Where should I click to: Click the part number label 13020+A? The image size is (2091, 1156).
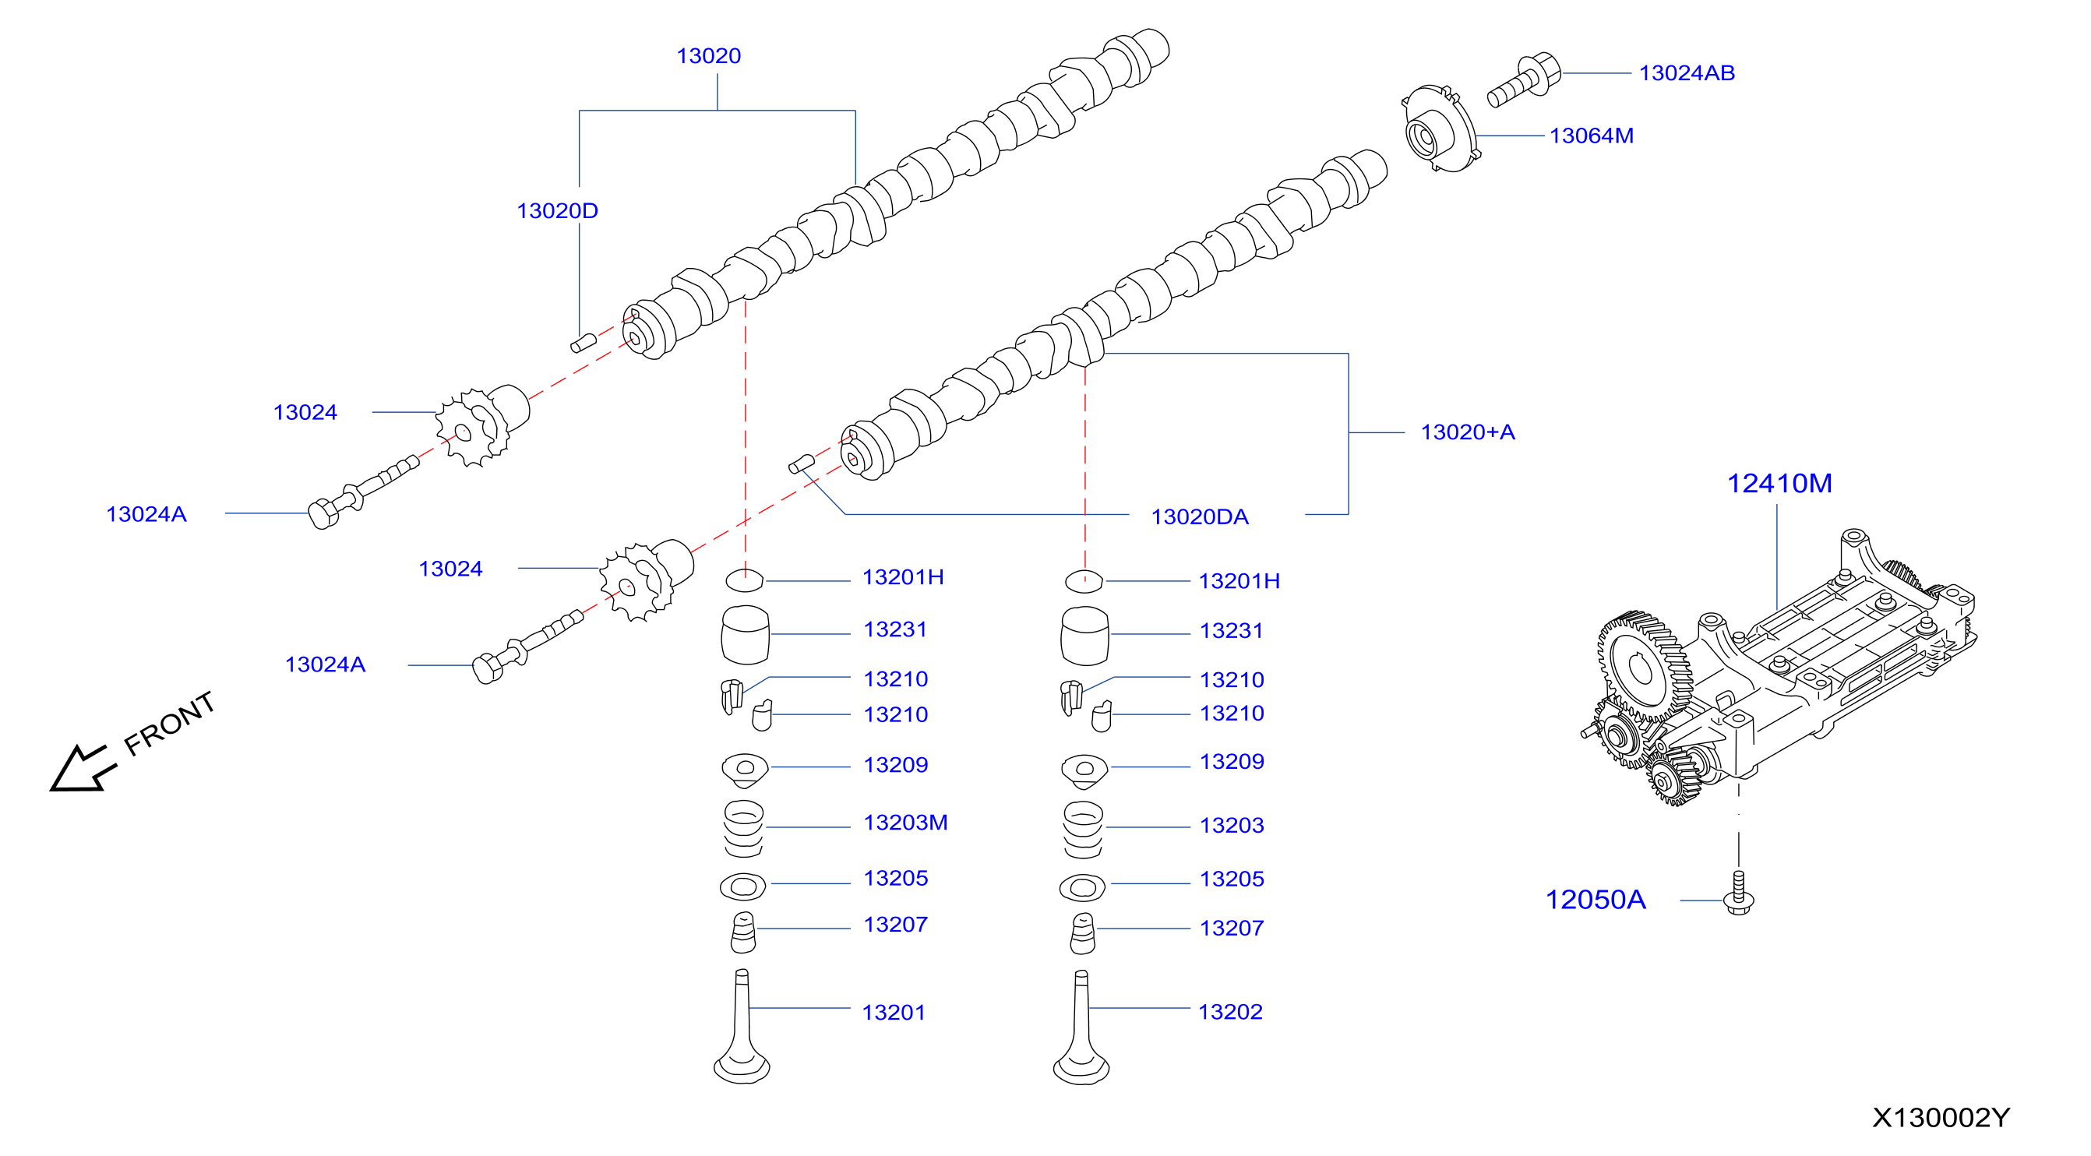(x=1467, y=432)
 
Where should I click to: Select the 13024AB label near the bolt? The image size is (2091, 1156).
(x=1686, y=73)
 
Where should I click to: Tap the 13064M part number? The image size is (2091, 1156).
(x=1591, y=136)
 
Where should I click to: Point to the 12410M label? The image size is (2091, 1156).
(x=1779, y=483)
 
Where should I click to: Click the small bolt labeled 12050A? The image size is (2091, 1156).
(x=1738, y=893)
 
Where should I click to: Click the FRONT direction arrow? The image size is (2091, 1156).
(x=82, y=768)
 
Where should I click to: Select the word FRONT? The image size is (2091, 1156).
(x=170, y=723)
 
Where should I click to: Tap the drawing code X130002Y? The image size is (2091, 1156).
(x=1941, y=1118)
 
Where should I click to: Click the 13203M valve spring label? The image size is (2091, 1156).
(x=905, y=823)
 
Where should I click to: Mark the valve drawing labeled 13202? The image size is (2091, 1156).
(x=1081, y=1027)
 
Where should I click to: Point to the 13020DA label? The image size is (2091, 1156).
(x=1199, y=516)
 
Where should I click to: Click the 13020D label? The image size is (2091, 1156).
(x=557, y=210)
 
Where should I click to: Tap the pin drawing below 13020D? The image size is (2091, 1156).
(x=583, y=343)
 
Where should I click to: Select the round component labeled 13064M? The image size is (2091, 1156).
(x=1439, y=130)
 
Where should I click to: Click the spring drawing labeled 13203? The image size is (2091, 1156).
(x=1083, y=830)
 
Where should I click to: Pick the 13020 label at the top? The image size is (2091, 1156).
(x=709, y=56)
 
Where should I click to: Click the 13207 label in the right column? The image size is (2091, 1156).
(x=1232, y=928)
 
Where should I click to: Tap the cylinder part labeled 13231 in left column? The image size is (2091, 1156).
(x=745, y=635)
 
